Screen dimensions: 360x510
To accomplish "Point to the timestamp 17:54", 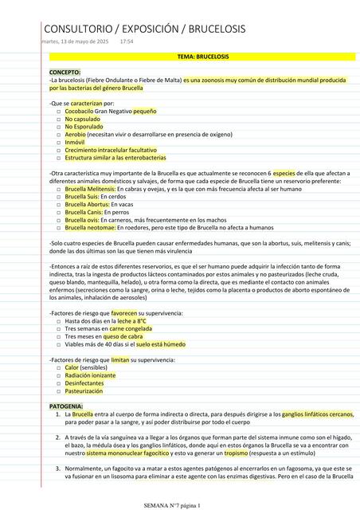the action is [127, 41].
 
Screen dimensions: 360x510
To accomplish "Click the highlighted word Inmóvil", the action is [76, 143].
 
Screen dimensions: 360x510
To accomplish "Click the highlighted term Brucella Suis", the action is [81, 196].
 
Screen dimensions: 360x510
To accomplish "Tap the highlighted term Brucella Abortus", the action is [86, 204].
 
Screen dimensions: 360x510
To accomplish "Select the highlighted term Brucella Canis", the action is [83, 212].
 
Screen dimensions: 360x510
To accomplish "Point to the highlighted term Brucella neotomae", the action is [90, 227].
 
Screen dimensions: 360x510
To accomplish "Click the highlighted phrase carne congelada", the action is [130, 328].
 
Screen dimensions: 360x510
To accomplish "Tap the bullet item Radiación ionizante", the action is [90, 375].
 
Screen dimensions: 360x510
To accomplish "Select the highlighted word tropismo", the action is [236, 453].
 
